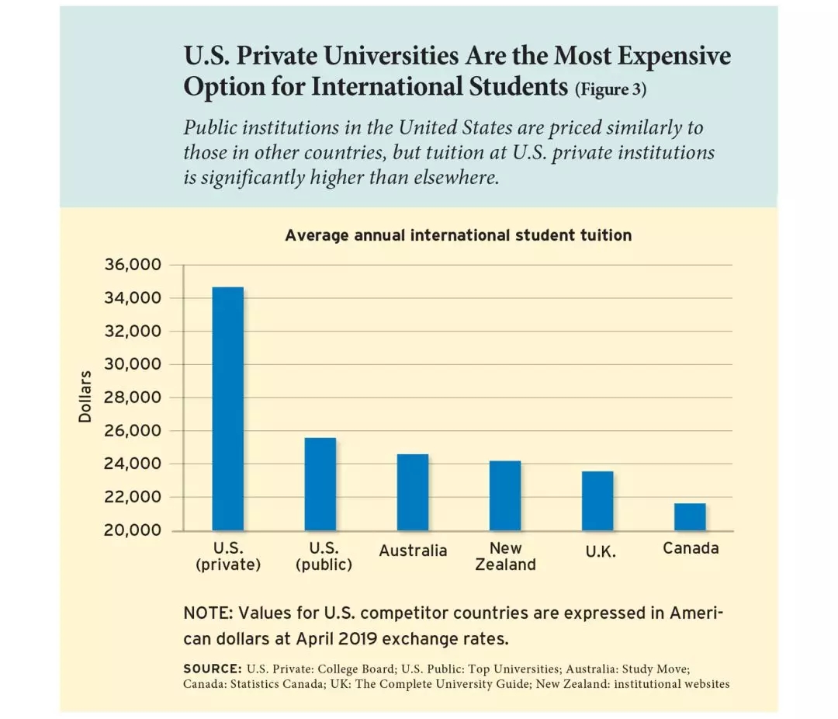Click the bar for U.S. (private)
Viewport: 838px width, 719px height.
[227, 408]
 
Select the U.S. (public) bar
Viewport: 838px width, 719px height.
[320, 484]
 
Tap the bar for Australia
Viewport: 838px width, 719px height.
[412, 492]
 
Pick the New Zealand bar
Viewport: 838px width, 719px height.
[505, 495]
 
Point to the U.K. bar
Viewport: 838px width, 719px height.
[597, 501]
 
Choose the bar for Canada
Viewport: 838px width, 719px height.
[690, 516]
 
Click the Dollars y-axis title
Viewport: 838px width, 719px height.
[85, 397]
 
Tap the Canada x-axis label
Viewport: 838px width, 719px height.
[691, 548]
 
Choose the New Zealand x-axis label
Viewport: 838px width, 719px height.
[505, 557]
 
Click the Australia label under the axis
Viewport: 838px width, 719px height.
[413, 551]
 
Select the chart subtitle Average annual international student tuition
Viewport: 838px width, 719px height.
[458, 234]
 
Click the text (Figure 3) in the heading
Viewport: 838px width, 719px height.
[610, 89]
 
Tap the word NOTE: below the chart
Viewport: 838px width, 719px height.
[208, 613]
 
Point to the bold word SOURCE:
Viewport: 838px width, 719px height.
[212, 669]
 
